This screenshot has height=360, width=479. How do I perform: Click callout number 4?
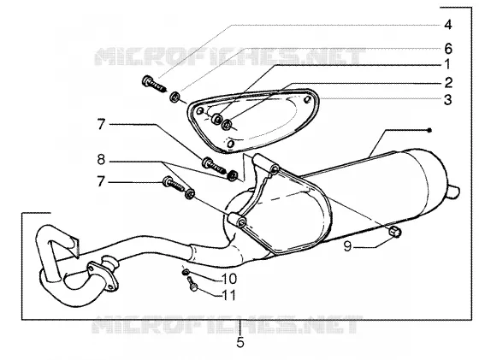(x=447, y=25)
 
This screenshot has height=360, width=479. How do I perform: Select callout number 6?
(x=448, y=48)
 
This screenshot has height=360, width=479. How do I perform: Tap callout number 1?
(x=447, y=65)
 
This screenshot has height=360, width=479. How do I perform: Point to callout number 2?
(x=448, y=82)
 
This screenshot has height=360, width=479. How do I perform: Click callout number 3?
(x=448, y=100)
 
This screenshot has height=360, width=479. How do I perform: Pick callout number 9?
(x=347, y=246)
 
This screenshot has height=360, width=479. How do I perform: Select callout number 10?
(x=229, y=279)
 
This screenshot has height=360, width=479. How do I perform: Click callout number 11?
(x=229, y=295)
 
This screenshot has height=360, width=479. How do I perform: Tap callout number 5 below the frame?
(x=240, y=342)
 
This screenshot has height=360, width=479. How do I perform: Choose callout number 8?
(x=101, y=159)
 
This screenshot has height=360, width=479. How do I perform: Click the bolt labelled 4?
(x=154, y=84)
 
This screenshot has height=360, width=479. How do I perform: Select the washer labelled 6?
(x=174, y=97)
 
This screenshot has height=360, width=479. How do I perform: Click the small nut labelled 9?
(x=394, y=232)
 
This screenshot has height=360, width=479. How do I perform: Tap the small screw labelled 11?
(x=192, y=283)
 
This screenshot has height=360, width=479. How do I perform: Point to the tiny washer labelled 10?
(x=186, y=271)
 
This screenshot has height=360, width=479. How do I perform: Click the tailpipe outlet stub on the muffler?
(x=454, y=192)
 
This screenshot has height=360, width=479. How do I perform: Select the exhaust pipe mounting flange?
(x=103, y=275)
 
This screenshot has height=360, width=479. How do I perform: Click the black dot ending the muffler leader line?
(x=429, y=130)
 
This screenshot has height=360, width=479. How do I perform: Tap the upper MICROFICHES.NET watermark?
(x=230, y=56)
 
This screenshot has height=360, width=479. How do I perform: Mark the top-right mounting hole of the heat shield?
(x=308, y=99)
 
